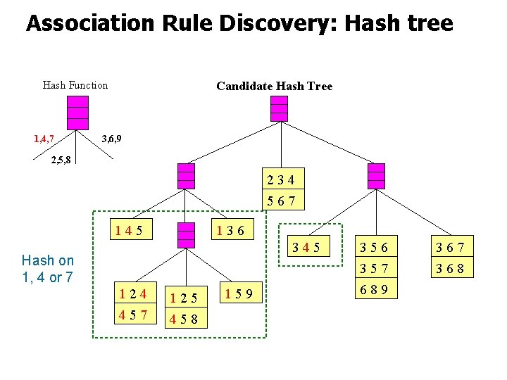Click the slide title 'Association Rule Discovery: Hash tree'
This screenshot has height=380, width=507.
click(x=239, y=24)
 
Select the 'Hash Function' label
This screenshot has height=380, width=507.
click(x=75, y=85)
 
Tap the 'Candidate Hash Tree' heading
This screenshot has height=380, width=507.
click(x=274, y=86)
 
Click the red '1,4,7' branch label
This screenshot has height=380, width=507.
click(x=44, y=138)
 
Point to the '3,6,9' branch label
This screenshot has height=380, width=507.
click(x=111, y=138)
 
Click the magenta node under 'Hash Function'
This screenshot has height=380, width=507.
click(x=77, y=111)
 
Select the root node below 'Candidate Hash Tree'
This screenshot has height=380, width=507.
click(x=280, y=108)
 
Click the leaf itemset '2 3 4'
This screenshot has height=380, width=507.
click(x=282, y=180)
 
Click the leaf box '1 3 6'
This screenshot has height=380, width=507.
click(x=231, y=229)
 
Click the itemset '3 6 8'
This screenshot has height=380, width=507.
click(x=453, y=268)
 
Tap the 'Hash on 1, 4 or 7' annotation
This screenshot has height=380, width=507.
click(x=48, y=268)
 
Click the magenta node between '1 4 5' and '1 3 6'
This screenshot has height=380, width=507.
click(x=186, y=235)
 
